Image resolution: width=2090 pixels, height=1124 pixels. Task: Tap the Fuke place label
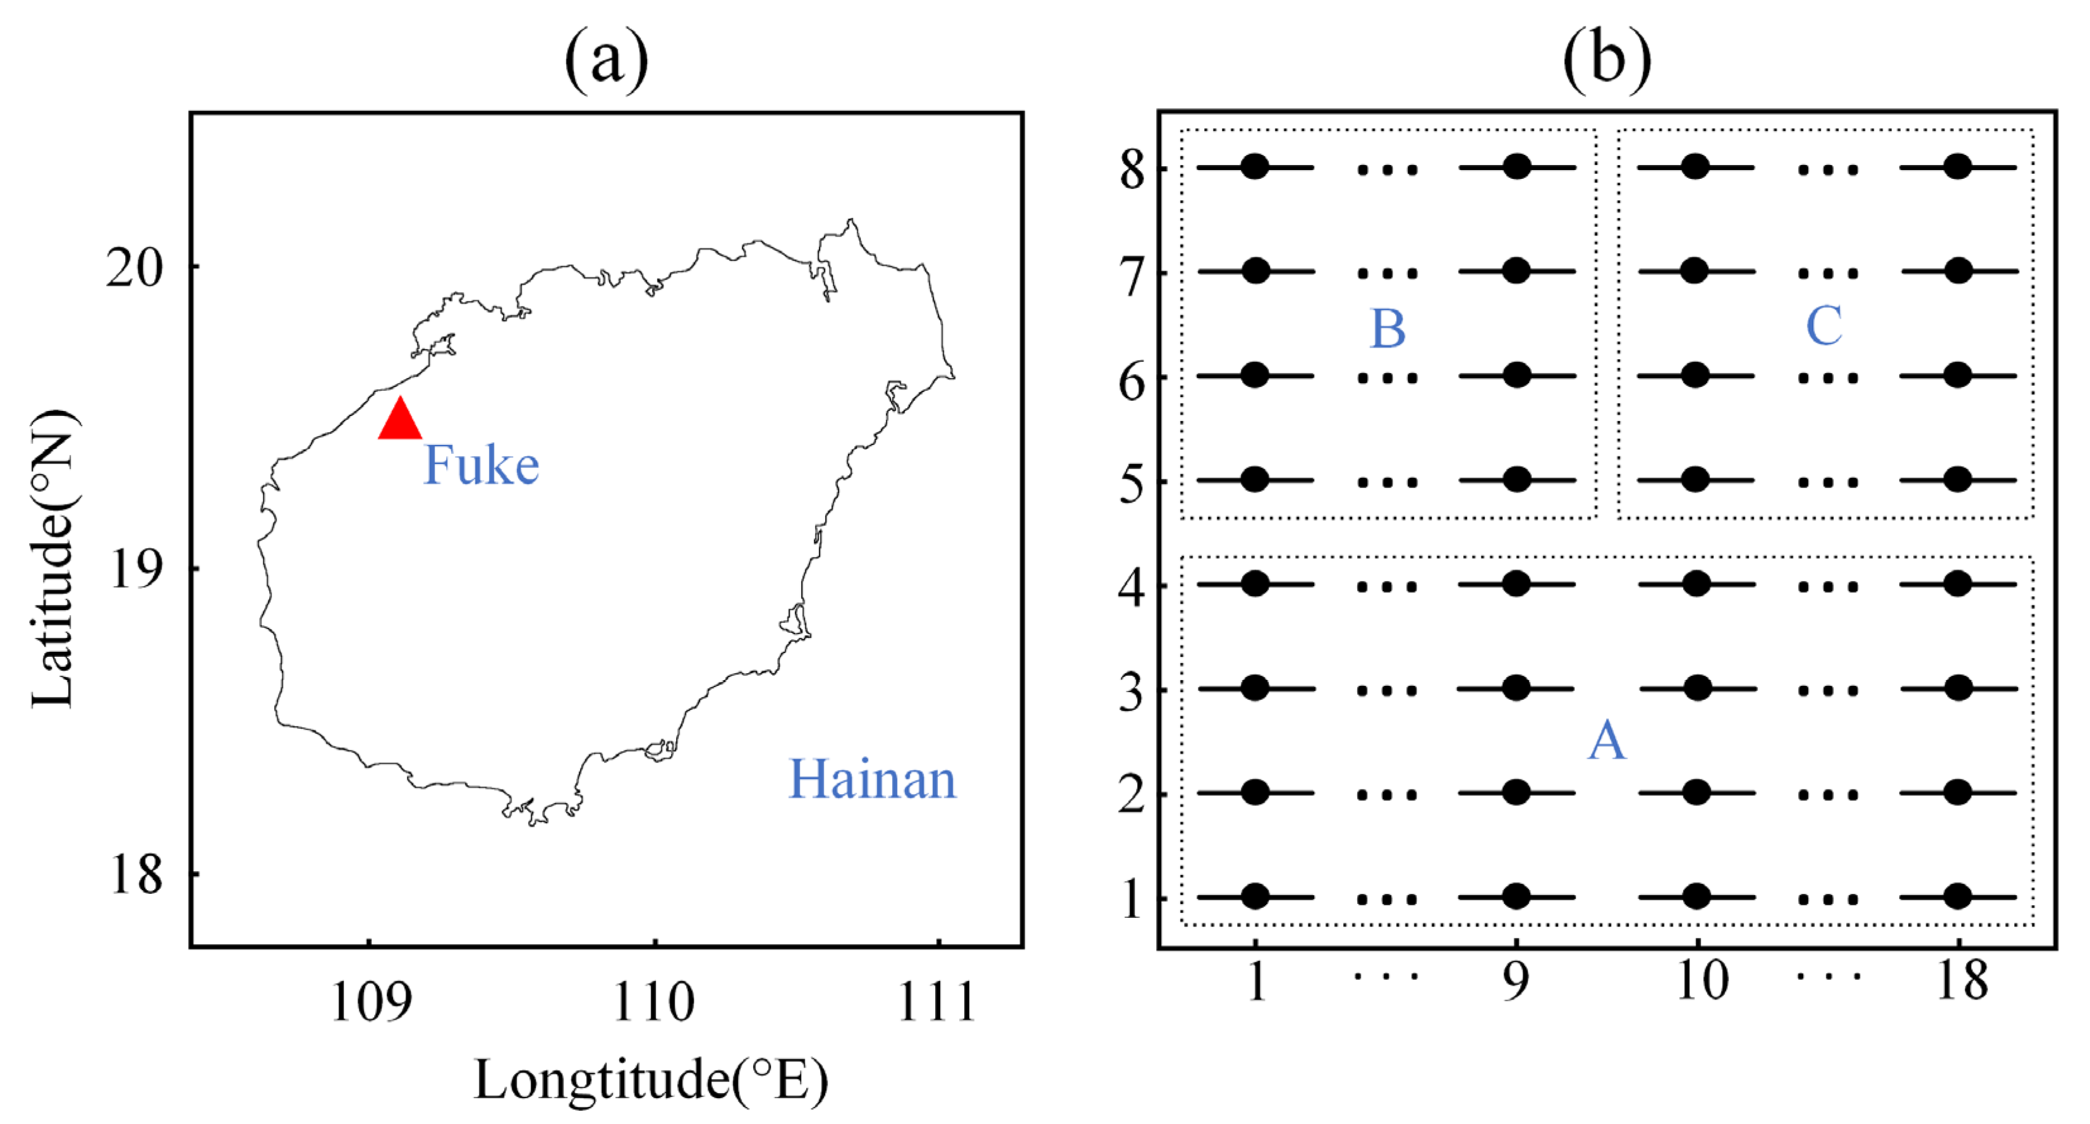(481, 466)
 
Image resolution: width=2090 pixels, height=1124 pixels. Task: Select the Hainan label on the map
(872, 780)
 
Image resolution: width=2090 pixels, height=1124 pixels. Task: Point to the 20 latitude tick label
(134, 266)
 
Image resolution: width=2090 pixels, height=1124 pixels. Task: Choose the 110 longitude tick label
(654, 1002)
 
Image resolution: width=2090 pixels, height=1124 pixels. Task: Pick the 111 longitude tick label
(936, 1002)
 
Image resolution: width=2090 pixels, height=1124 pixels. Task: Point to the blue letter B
(1387, 329)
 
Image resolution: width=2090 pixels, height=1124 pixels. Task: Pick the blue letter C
(1823, 326)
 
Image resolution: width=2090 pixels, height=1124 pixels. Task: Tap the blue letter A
(1607, 741)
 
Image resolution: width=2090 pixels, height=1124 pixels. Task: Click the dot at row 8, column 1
(1255, 167)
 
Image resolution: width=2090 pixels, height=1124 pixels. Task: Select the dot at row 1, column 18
(1958, 897)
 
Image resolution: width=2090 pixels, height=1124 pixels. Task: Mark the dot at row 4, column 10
(1696, 583)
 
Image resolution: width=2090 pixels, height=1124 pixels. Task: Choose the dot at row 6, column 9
(1516, 375)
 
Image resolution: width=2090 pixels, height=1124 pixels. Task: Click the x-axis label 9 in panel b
(1516, 980)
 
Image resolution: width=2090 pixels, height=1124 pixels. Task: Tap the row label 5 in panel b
(1132, 484)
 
